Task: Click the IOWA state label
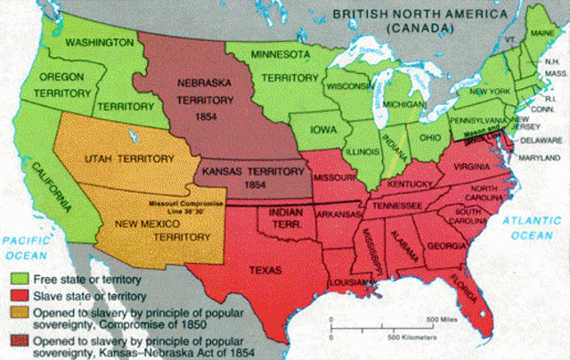322,129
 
